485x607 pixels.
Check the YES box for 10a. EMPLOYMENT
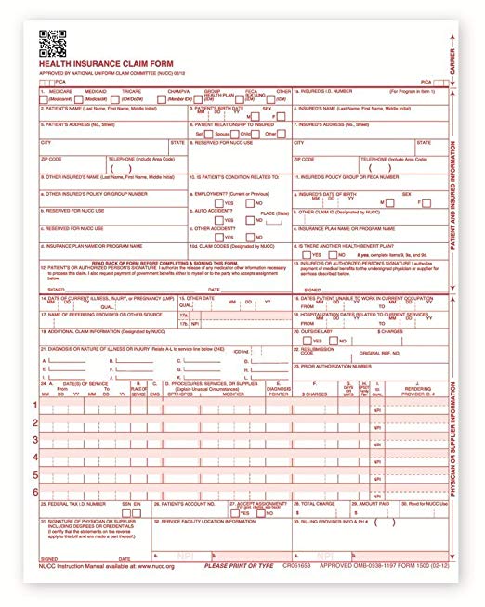pyautogui.click(x=217, y=202)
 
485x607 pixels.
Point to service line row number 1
pyautogui.click(x=36, y=406)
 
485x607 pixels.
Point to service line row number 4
pyautogui.click(x=36, y=457)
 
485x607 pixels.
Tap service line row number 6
pyautogui.click(x=36, y=491)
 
